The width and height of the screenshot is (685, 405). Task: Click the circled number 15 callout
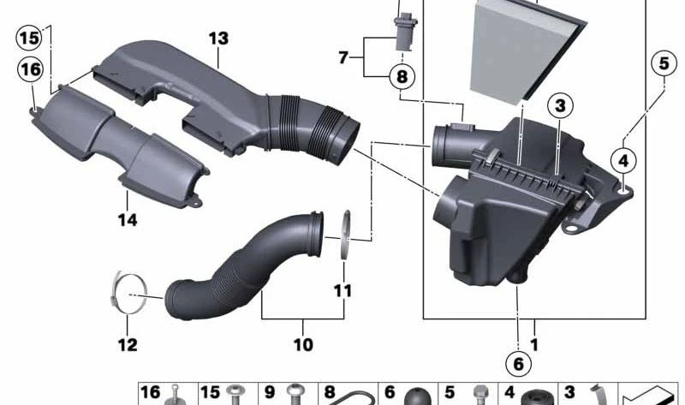28,38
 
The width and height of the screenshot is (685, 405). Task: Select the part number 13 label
218,38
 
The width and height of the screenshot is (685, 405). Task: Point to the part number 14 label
128,220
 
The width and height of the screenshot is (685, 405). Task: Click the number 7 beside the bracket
343,57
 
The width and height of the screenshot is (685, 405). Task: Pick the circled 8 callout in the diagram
400,77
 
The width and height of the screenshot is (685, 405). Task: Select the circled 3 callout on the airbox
559,105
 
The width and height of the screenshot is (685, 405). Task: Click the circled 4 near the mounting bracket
623,159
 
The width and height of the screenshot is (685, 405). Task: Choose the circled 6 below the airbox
518,363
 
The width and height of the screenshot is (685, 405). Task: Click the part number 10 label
302,345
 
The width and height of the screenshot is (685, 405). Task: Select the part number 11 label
342,290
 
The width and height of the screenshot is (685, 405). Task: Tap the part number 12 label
127,345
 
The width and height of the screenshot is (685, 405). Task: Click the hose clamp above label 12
129,294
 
